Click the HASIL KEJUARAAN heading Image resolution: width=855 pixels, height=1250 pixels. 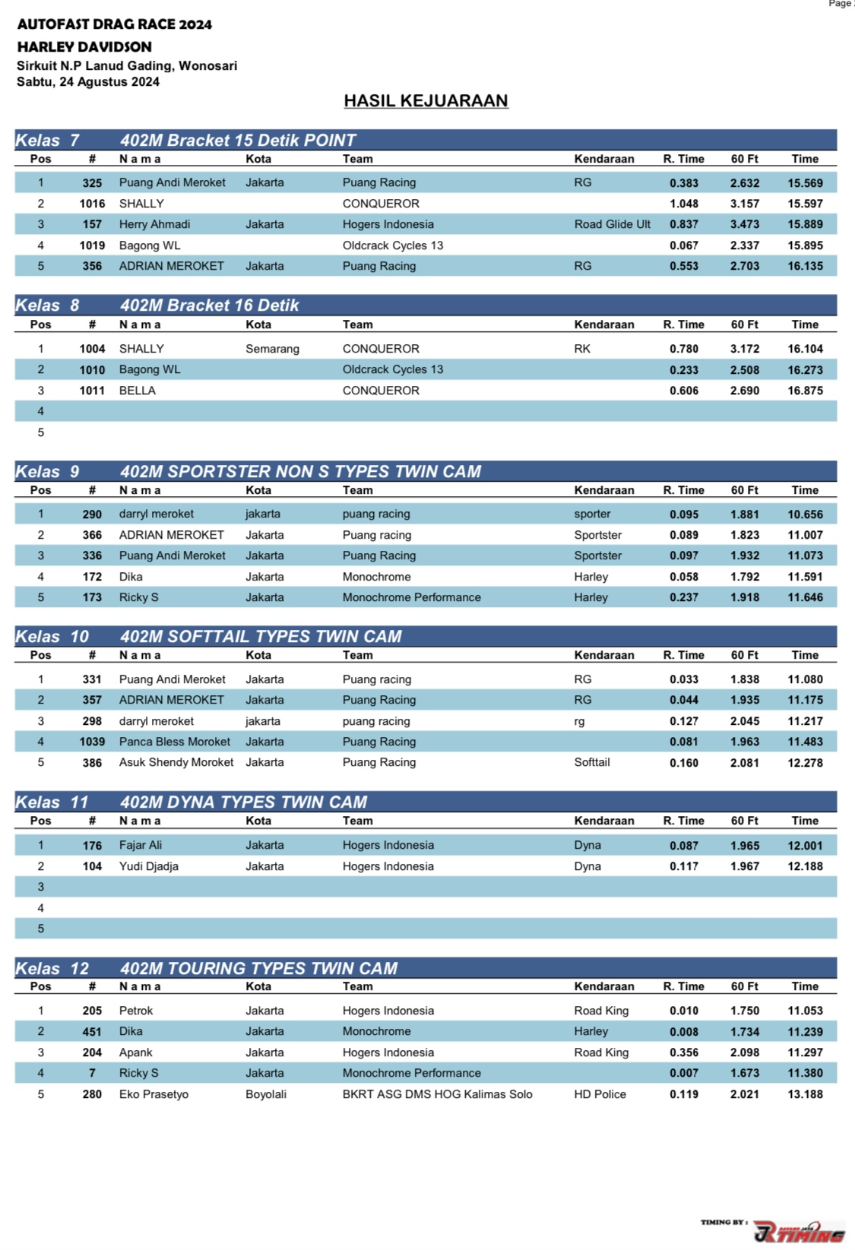tap(426, 101)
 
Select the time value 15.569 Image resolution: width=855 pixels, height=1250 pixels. tap(805, 183)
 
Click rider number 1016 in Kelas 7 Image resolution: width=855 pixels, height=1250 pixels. tap(92, 204)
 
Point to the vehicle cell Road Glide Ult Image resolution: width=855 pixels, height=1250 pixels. tap(612, 224)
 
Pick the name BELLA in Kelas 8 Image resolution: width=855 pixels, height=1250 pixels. tap(138, 391)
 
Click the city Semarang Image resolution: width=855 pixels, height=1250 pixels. tap(272, 349)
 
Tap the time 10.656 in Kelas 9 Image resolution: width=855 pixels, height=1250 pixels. tap(805, 514)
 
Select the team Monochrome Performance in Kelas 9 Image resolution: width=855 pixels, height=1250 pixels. tap(411, 597)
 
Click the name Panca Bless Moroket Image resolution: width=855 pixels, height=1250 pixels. tap(174, 742)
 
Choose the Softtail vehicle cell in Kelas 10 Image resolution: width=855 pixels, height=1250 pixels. tap(591, 762)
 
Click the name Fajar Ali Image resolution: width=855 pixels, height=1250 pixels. tap(141, 845)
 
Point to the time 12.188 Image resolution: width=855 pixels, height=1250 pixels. tap(805, 866)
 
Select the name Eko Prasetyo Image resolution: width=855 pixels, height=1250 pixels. tap(154, 1094)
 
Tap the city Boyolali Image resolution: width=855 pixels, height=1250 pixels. tap(266, 1094)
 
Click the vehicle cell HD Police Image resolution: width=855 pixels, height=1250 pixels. tap(600, 1094)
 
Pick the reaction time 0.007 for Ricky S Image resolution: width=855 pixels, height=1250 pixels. tap(683, 1074)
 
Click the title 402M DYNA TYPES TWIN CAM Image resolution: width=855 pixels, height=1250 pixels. tap(243, 802)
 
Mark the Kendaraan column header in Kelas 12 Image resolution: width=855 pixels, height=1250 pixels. tap(603, 986)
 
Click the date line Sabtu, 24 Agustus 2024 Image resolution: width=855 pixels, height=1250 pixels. tap(88, 82)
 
